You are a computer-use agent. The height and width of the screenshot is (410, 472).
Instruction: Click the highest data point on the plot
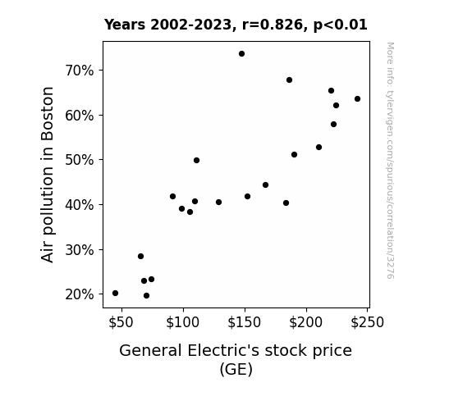241,54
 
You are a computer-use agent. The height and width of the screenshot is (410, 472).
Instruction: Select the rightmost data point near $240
357,99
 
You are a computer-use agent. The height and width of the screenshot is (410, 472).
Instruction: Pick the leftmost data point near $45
115,294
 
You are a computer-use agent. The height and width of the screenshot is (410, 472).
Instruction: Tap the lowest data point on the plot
147,296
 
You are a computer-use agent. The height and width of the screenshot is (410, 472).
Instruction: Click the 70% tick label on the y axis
80,71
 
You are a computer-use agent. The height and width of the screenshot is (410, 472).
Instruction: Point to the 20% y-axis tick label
80,294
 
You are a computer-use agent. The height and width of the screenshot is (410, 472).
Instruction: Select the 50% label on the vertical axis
80,160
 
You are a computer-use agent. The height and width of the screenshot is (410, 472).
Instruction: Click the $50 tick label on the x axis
121,322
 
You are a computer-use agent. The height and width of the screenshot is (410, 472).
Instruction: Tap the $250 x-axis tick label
367,322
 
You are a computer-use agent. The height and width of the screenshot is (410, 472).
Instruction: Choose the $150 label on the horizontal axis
244,322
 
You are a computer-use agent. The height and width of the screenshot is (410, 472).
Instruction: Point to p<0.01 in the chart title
340,25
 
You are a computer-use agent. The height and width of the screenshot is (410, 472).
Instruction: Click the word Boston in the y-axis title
48,114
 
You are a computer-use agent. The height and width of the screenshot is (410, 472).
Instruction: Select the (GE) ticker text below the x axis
236,369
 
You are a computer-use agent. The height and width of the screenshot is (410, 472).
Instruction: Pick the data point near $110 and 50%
196,161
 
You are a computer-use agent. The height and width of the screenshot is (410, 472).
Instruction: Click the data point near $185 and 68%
289,80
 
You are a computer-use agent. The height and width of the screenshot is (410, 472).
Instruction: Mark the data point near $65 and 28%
140,257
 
